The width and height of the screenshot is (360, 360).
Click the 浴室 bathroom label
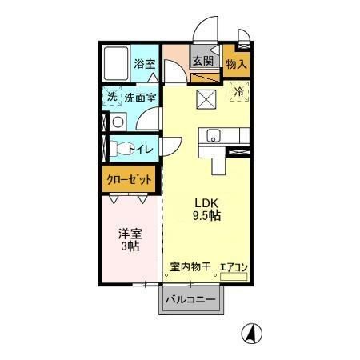pos(145,63)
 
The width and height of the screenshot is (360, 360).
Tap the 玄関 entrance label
pos(202,61)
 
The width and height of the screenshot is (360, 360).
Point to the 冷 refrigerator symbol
pos(238,91)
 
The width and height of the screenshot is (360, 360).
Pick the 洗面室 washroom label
pos(140,98)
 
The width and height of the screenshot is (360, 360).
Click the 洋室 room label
pos(130,234)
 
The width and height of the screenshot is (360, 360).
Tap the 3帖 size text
pos(130,247)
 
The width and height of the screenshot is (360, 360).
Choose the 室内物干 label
pos(190,266)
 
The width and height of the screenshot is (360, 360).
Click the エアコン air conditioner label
pos(234,266)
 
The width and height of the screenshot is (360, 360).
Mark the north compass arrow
pos(251,333)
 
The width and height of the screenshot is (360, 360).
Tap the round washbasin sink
pos(118,122)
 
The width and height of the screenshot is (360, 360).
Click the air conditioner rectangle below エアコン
pos(234,277)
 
